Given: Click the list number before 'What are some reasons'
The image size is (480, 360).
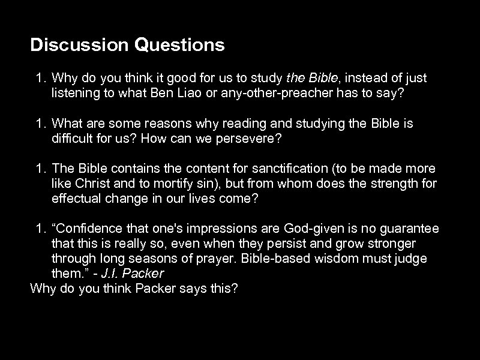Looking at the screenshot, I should (x=40, y=124).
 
